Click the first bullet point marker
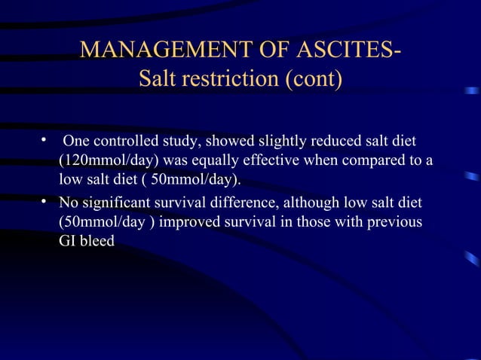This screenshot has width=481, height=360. pos(45,141)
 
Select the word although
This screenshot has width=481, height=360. pos(310,203)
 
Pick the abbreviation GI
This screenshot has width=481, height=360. pos(68,243)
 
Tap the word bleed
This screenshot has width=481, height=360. pos(98,243)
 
